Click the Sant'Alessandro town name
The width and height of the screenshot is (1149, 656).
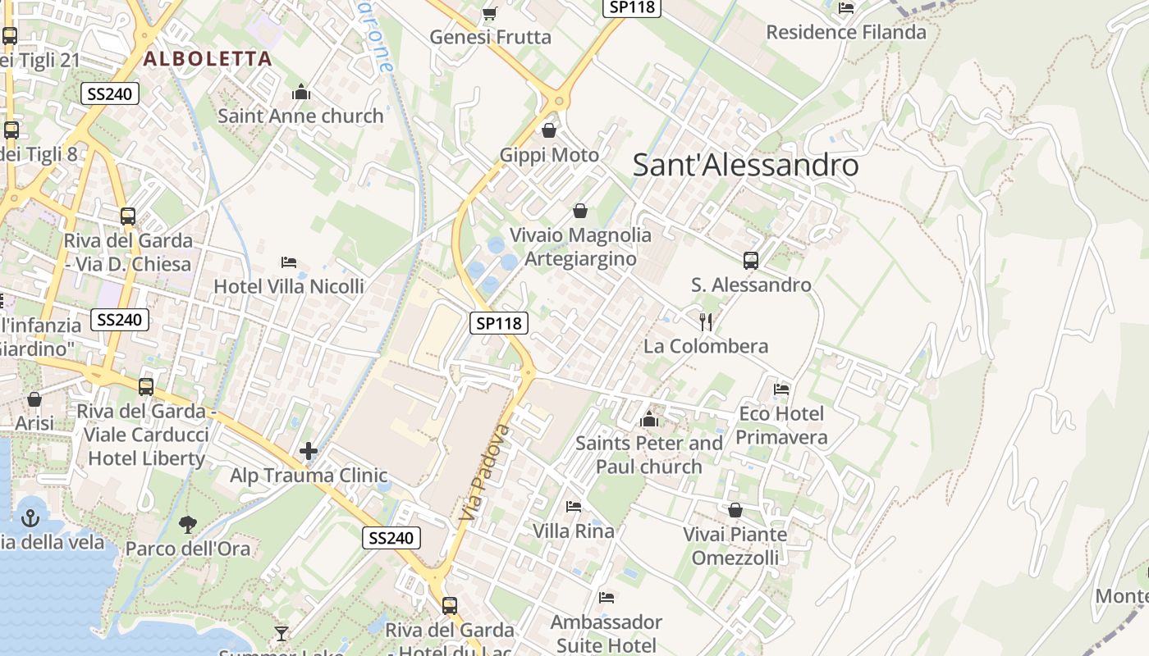coord(745,166)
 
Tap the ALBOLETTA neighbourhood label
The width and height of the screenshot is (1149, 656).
coord(207,58)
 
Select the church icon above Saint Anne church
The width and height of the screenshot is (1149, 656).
coord(301,92)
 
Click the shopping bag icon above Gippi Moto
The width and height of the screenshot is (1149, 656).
coord(549,130)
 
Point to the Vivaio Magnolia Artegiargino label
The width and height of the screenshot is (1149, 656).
coord(580,247)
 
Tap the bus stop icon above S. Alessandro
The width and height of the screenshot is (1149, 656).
coord(751,261)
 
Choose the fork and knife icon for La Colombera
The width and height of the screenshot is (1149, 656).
coord(706,321)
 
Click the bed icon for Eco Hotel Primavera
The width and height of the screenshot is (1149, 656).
coord(781,389)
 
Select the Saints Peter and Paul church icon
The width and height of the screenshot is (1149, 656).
coord(649,419)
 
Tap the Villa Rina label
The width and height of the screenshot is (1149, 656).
coord(574,531)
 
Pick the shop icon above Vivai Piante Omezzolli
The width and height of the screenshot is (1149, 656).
coord(735,510)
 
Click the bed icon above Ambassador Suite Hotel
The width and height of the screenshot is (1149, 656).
coord(607,597)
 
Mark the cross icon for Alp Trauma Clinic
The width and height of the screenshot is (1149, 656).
coord(309,451)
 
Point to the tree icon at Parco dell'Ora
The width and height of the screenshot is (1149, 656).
coord(188,524)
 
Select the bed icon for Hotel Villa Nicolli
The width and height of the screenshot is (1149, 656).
coord(289,262)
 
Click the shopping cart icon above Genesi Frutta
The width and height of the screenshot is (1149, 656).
coord(490,13)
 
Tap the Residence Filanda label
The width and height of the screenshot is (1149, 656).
coord(846,32)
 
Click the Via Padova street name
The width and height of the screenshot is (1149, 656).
coord(483,474)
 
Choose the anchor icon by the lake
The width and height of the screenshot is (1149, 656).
coord(30,518)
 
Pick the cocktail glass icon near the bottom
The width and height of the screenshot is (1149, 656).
coord(282,633)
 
